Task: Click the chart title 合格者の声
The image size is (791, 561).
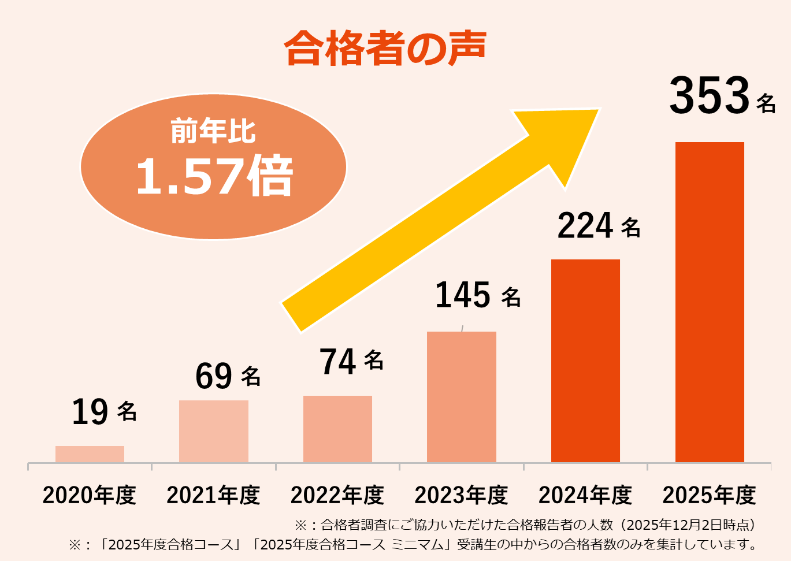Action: coord(385,48)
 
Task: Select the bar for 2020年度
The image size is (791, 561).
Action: coord(90,454)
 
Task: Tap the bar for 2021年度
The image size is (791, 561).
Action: coord(213,431)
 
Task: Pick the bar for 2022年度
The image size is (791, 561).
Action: coord(337,429)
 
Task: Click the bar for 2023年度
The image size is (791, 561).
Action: coord(461,397)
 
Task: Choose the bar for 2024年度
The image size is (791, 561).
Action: coord(585,361)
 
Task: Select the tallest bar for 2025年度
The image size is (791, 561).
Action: coord(710,302)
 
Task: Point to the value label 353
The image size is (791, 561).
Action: coord(710,96)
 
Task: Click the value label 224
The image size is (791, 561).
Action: coord(585,226)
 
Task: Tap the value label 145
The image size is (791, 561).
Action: coord(463,295)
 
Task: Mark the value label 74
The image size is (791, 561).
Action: coord(337,362)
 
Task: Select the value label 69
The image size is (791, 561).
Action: coord(214,376)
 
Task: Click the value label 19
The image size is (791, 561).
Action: coord(90,413)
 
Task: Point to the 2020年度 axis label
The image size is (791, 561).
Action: coord(90,495)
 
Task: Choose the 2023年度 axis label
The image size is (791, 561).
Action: coord(461,495)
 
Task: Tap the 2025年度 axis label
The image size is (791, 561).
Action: coord(709,495)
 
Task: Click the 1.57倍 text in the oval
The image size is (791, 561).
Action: coord(214,176)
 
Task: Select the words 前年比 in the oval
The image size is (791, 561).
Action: coord(213,131)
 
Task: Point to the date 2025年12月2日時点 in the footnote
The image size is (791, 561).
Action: coord(688,525)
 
